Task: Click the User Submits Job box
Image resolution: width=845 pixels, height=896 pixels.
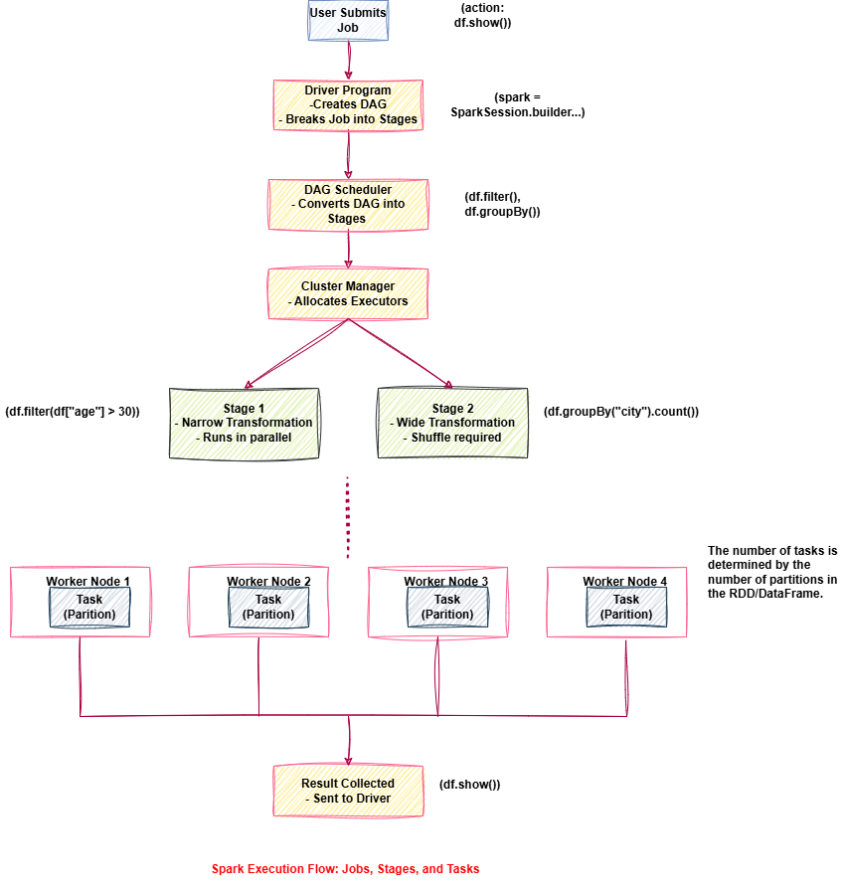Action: coord(348,19)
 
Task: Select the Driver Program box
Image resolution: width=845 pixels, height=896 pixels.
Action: coord(348,104)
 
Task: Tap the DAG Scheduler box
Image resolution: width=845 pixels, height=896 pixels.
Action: coord(348,203)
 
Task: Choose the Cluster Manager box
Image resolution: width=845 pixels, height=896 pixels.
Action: coord(348,293)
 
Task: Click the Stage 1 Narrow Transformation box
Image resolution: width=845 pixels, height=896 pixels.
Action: coord(245,423)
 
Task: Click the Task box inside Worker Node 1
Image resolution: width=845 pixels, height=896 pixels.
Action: coord(89,607)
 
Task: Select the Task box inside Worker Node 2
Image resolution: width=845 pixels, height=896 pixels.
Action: coord(268,607)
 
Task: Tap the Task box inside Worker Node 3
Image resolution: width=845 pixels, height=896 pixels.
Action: coord(447,607)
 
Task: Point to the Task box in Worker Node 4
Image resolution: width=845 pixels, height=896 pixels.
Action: coord(626,607)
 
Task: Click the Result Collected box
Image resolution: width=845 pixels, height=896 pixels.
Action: coord(348,790)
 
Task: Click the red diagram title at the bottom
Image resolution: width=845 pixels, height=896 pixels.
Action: coord(345,869)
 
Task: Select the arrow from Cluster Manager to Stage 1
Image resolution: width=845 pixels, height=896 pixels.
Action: coord(295,353)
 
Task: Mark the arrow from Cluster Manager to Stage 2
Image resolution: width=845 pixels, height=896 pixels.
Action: coord(400,353)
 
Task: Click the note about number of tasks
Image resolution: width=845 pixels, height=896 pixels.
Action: coord(772,572)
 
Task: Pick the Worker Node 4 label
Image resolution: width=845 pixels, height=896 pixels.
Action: coord(626,581)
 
